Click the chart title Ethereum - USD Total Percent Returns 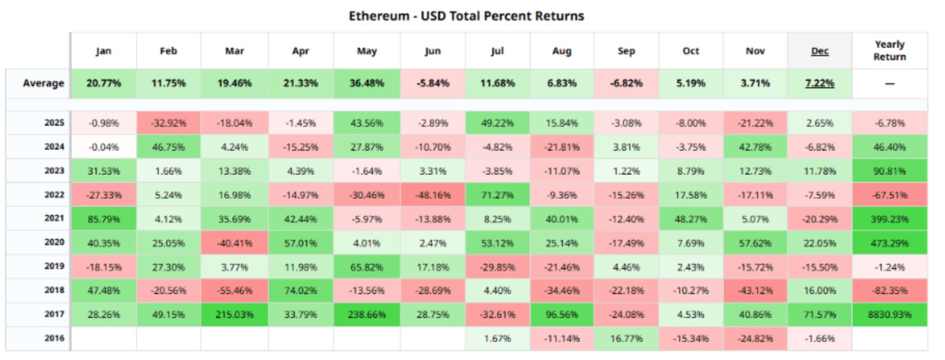[466, 16]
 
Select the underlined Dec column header [819, 51]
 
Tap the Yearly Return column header [889, 50]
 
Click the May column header [367, 51]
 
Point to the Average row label [43, 83]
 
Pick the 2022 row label [54, 195]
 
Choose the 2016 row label [54, 338]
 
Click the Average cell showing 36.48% [367, 83]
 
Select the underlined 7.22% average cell [819, 83]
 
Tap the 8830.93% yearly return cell [889, 315]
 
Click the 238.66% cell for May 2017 [367, 315]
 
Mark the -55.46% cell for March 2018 [234, 290]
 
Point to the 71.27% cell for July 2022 [497, 195]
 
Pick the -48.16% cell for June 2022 [433, 195]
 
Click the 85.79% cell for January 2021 [103, 219]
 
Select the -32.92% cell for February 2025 [168, 123]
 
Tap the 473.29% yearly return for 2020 [889, 243]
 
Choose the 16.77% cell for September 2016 [626, 339]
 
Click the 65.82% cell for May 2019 [367, 267]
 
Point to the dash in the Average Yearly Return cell [889, 84]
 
